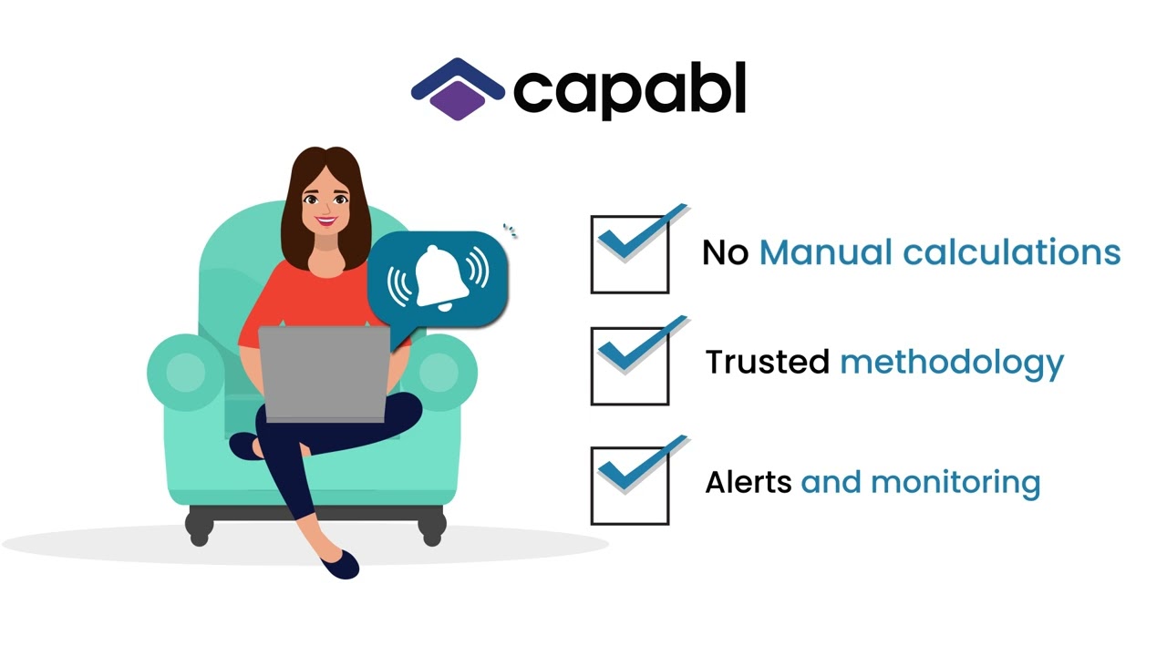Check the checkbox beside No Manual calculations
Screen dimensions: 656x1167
point(630,254)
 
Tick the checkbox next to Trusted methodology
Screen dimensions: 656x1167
point(630,365)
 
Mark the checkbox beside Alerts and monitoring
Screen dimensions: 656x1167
point(630,485)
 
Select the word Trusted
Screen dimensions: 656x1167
point(767,362)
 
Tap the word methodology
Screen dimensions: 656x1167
point(951,364)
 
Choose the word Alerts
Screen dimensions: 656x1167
point(748,481)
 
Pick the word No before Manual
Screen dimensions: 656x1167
point(725,253)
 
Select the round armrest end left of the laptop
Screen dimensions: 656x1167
point(186,372)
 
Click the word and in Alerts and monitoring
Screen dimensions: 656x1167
point(831,481)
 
